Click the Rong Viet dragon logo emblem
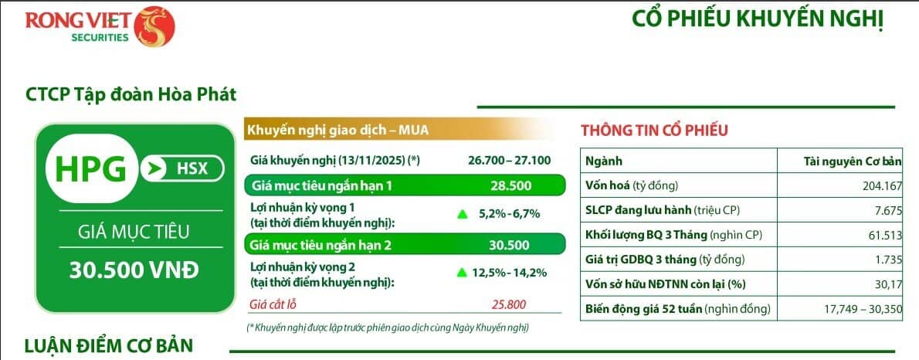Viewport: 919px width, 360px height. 154,25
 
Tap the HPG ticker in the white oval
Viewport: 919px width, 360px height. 90,168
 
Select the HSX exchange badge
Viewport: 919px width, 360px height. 182,168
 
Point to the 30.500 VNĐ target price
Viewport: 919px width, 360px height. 134,270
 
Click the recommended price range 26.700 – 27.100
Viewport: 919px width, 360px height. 509,161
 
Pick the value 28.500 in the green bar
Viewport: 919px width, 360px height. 509,186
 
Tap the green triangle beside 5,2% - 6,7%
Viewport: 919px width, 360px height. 463,213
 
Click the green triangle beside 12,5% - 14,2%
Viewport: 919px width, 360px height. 463,271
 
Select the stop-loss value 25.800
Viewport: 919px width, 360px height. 509,304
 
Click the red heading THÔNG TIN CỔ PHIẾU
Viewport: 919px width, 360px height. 653,130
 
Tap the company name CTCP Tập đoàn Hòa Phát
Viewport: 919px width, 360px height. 131,95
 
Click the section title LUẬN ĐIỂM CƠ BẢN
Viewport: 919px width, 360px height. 108,345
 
